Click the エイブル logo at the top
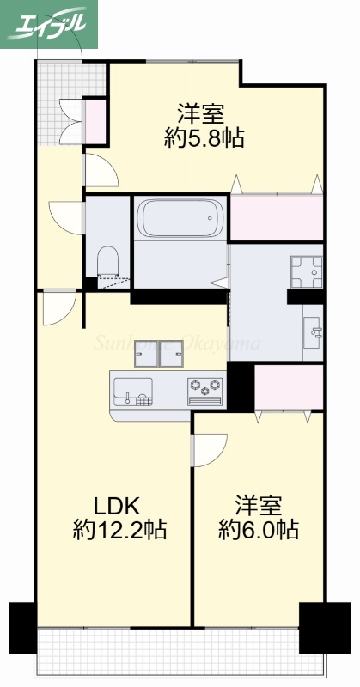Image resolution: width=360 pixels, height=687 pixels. [x=49, y=24]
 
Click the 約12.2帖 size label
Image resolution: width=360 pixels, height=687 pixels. [x=119, y=529]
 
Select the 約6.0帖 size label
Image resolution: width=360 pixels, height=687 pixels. [x=258, y=529]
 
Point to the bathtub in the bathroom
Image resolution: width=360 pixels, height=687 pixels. [x=180, y=219]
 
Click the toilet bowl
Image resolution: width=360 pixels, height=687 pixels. [x=108, y=260]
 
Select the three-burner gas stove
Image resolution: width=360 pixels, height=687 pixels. [x=205, y=389]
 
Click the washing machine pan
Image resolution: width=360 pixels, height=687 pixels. [x=305, y=272]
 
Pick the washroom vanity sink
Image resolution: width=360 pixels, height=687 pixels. [x=314, y=328]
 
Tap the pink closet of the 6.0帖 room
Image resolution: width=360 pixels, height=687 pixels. [x=288, y=385]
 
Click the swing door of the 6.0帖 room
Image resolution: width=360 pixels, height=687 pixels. [x=208, y=448]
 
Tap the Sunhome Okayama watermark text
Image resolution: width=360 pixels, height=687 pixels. [x=177, y=345]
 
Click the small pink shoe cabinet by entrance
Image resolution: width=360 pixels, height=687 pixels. [x=94, y=119]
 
